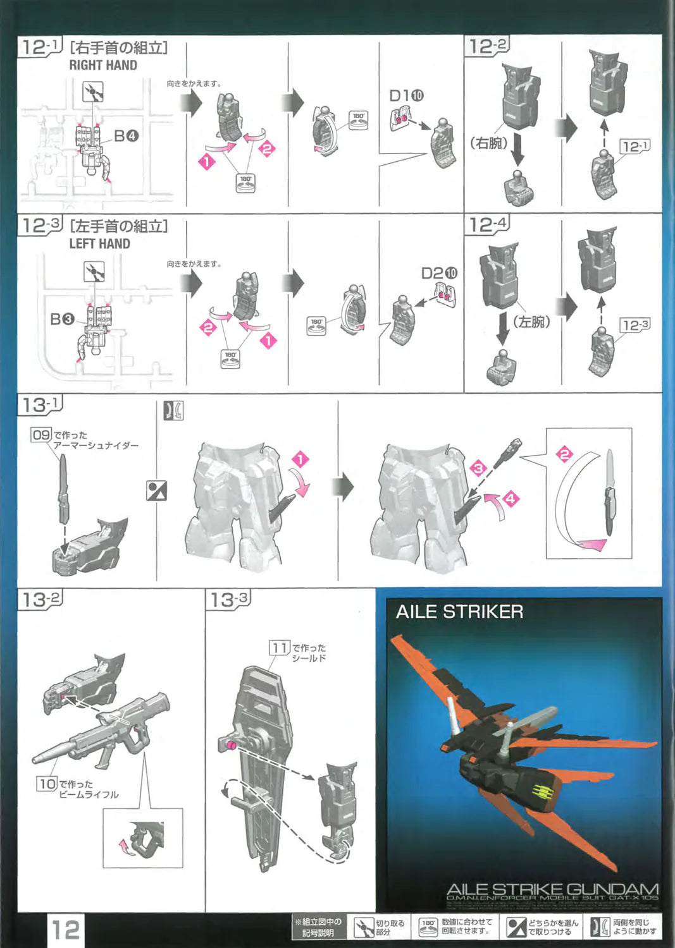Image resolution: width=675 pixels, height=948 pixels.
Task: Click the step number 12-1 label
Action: click(40, 47)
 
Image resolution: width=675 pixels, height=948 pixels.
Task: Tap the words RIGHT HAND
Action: click(103, 65)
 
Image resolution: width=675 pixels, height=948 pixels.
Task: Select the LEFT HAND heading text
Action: click(99, 244)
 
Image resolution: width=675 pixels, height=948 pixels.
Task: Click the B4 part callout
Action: click(126, 135)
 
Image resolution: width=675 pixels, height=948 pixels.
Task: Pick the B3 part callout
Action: click(62, 319)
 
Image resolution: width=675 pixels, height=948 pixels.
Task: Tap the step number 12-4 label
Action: click(487, 224)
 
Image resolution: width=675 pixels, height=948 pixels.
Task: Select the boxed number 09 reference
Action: click(41, 435)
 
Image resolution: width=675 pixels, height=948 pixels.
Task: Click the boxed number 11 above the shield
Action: click(279, 648)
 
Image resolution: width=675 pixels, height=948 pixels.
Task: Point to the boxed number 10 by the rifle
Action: click(47, 784)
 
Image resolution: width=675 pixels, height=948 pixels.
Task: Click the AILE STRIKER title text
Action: click(459, 612)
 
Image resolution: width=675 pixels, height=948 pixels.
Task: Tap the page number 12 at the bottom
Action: click(65, 930)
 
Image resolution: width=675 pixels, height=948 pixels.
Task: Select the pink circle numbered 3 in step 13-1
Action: click(478, 468)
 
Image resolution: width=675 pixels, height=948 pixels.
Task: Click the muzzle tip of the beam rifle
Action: click(35, 758)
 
